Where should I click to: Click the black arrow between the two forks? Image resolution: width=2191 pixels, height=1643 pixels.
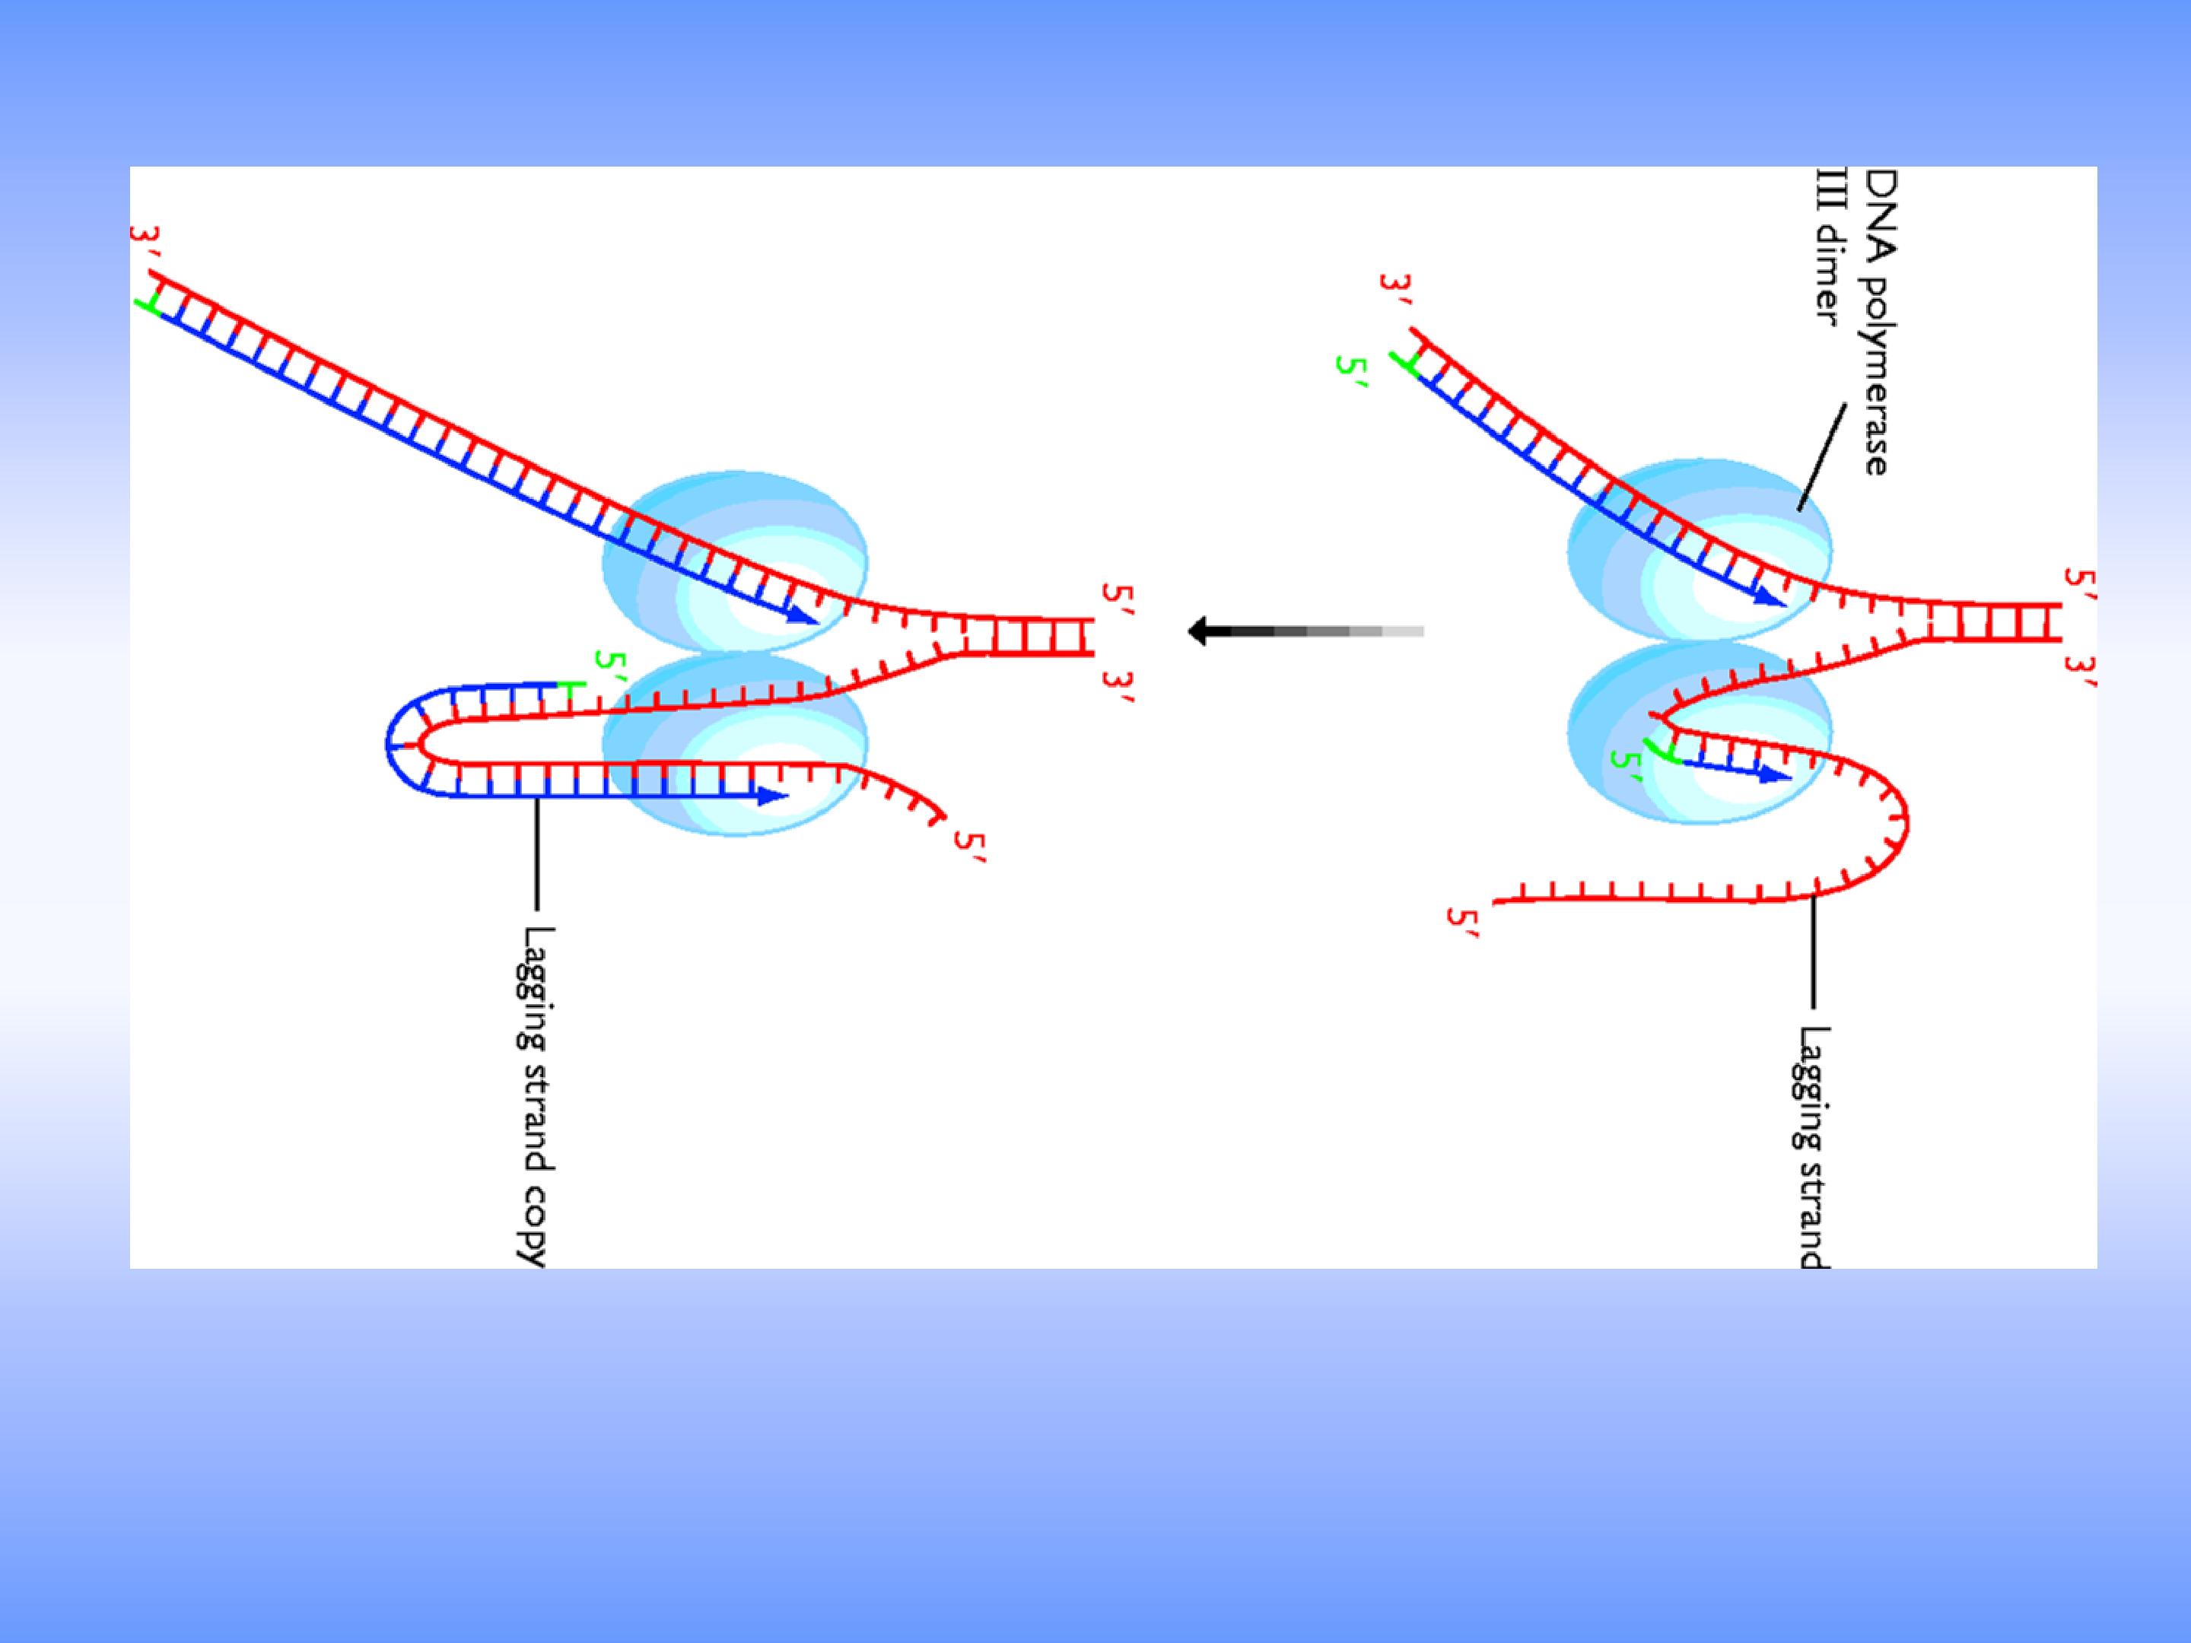click(1305, 631)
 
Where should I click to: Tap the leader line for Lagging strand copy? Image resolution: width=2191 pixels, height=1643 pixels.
click(538, 853)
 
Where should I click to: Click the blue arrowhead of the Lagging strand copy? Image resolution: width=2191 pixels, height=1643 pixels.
click(773, 794)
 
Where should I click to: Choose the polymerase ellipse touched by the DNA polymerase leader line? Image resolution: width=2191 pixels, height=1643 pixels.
click(1700, 551)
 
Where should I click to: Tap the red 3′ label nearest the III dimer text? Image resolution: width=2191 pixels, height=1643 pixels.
click(1394, 293)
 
